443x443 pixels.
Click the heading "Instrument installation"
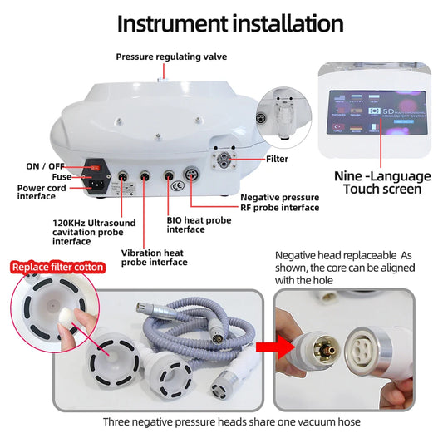click(229, 22)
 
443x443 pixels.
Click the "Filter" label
click(277, 158)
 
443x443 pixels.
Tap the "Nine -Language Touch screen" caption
click(382, 182)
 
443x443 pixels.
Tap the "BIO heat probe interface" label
click(200, 224)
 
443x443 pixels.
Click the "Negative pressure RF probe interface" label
click(279, 202)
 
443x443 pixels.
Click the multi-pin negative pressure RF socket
click(193, 176)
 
